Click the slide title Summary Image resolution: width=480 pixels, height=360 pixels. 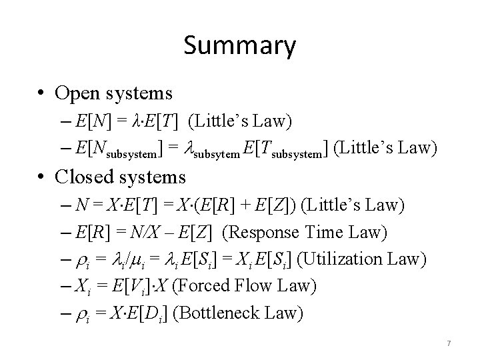click(239, 46)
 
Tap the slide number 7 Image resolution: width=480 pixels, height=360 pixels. click(449, 343)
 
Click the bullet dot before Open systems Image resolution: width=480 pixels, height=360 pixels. click(43, 93)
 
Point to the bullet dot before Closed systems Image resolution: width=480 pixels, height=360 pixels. click(43, 177)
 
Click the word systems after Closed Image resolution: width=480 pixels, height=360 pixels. click(157, 177)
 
